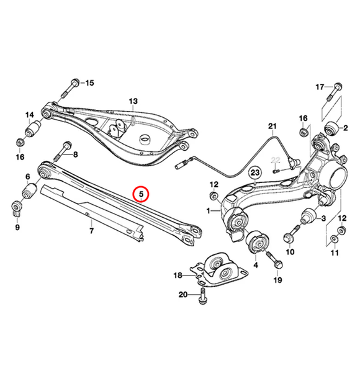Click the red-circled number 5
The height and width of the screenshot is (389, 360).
point(142,195)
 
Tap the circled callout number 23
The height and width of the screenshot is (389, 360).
point(255,172)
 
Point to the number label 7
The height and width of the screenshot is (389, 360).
point(91,231)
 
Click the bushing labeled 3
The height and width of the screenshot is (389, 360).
point(307,218)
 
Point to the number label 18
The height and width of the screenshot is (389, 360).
point(177,275)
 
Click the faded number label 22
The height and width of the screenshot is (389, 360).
point(276,160)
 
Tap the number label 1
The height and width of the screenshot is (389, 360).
point(209,212)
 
